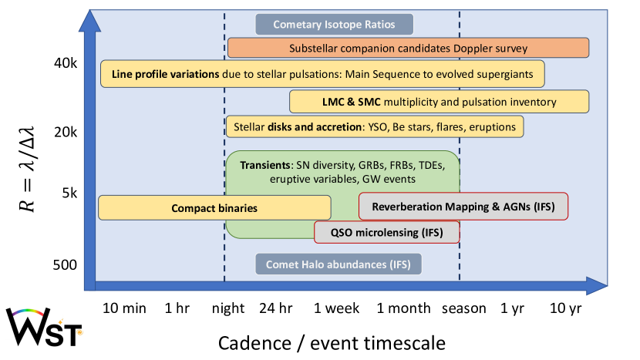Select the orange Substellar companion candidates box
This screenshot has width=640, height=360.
click(408, 48)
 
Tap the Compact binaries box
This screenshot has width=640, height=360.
click(214, 207)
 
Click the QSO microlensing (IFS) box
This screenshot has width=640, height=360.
click(386, 232)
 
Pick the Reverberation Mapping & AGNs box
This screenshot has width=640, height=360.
click(463, 207)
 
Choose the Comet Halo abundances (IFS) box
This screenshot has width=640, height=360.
click(339, 264)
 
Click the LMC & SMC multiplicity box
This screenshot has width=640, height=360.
click(439, 101)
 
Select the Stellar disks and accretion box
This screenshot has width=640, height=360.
click(374, 126)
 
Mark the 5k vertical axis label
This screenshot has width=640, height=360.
click(69, 193)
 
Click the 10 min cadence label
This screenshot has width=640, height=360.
click(124, 308)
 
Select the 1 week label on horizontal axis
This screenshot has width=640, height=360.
click(336, 308)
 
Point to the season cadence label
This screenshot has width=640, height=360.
click(464, 308)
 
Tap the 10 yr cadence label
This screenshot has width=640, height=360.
click(566, 308)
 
